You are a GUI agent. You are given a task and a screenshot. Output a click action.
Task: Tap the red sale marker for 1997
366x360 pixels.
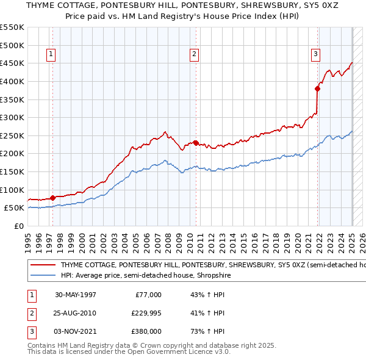(52, 197)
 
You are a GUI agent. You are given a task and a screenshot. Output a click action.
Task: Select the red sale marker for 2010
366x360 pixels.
(196, 143)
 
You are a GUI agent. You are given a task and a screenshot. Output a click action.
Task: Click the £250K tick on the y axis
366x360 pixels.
(12, 135)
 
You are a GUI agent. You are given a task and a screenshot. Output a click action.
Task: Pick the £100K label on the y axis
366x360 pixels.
(12, 190)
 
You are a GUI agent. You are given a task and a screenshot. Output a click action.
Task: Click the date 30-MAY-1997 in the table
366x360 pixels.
(76, 295)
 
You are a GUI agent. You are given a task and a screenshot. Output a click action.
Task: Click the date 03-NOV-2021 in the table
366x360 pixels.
(76, 331)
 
